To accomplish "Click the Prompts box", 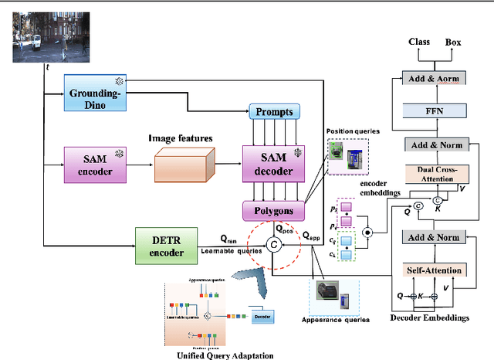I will click(272, 111).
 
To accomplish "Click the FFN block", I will click(435, 110).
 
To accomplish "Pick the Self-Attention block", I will click(435, 270).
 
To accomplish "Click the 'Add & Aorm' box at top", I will click(435, 78).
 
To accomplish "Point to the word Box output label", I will click(453, 42).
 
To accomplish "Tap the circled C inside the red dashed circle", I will click(272, 245).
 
